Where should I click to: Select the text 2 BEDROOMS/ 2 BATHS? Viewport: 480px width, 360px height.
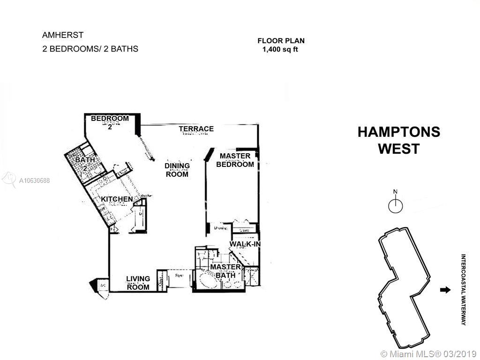[x=90, y=48]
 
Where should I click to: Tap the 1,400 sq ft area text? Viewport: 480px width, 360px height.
[x=280, y=49]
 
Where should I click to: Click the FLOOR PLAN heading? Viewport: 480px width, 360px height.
[x=281, y=41]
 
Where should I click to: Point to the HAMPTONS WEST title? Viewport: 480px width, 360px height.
[x=399, y=140]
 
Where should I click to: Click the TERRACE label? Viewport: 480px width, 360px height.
[x=196, y=129]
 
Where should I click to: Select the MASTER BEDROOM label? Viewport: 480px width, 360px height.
[x=235, y=160]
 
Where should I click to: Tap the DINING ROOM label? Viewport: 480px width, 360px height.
[x=177, y=170]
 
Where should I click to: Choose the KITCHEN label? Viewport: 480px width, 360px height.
[x=117, y=199]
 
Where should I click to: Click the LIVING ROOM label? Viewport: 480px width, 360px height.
[x=138, y=283]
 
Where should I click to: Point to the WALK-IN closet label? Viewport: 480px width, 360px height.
[x=245, y=244]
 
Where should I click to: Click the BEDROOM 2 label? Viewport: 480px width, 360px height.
[x=110, y=122]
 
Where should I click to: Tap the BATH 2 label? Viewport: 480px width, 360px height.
[x=85, y=164]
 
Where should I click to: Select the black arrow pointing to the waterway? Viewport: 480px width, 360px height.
[x=444, y=290]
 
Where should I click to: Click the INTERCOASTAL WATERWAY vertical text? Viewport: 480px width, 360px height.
[x=463, y=290]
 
